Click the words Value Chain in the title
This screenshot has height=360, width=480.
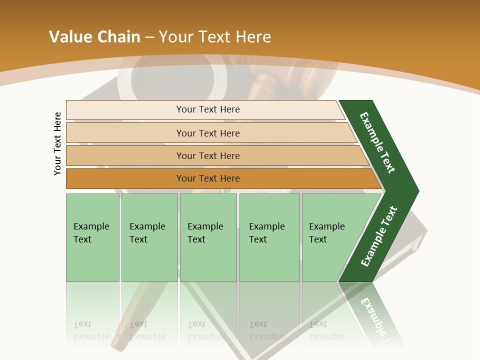click(x=94, y=37)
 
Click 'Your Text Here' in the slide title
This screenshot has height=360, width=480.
click(x=215, y=37)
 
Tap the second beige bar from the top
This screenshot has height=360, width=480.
click(x=208, y=133)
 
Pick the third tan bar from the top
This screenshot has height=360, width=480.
click(x=208, y=155)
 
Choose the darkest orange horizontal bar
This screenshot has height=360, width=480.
click(x=208, y=178)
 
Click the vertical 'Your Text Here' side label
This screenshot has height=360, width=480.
click(x=57, y=143)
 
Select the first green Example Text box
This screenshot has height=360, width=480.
click(x=92, y=237)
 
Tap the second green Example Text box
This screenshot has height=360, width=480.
click(x=149, y=237)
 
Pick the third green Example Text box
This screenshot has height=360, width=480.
click(x=207, y=237)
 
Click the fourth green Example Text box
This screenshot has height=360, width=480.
click(x=269, y=237)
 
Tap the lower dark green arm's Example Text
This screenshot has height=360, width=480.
click(x=378, y=236)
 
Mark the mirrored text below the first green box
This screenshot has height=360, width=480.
click(x=91, y=331)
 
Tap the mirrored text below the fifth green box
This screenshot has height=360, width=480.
click(x=326, y=331)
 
